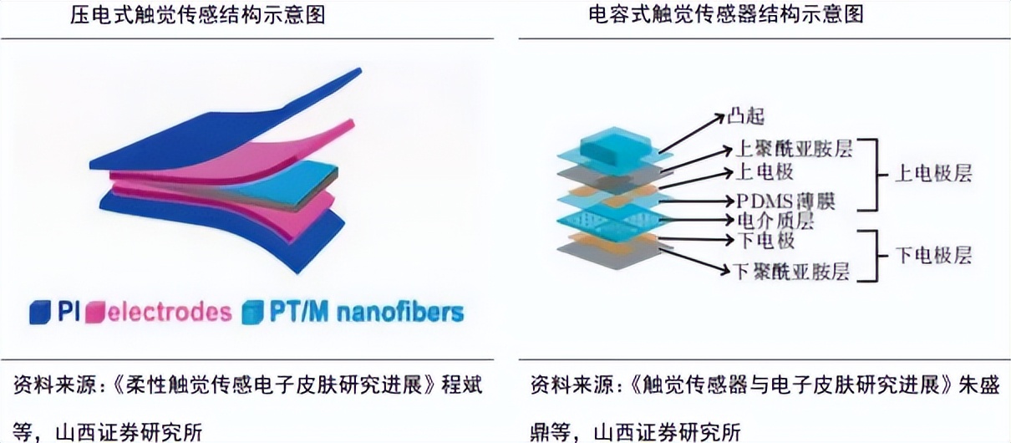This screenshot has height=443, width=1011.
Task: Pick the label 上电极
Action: coord(765,173)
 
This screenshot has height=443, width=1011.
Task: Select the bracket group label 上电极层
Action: coord(933,175)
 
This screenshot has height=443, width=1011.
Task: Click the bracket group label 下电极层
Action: coord(933,255)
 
